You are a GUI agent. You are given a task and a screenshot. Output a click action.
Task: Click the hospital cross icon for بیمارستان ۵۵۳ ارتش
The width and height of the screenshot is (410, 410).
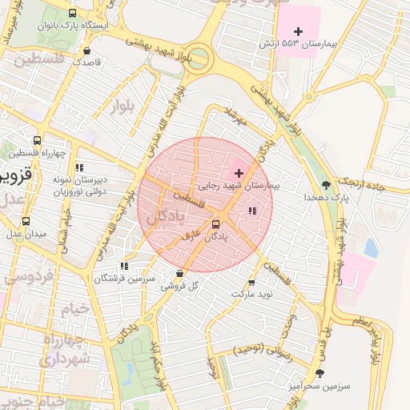pos(299,30)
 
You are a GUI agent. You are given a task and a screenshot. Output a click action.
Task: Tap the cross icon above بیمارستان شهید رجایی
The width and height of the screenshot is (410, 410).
pos(239,173)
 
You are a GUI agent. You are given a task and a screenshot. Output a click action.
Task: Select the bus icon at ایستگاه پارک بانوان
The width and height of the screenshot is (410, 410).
pos(74,14)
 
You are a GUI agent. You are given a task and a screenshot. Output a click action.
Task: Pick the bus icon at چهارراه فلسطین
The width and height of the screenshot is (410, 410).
pos(37,142)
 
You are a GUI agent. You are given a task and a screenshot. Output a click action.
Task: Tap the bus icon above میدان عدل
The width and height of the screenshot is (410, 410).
pos(26,222)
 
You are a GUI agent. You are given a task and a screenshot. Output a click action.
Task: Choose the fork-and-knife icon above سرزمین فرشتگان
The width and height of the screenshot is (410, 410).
pos(123,266)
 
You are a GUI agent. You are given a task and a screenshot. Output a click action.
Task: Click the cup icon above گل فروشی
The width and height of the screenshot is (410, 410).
pos(179,273)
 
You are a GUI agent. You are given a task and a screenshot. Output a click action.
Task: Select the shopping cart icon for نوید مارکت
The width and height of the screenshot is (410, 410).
pos(252,283)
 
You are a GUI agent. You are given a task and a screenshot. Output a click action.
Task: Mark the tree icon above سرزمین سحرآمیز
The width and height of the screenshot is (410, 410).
pos(320,373)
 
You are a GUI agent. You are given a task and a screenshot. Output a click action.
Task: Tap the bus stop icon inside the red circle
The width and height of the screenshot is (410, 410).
pos(215,225)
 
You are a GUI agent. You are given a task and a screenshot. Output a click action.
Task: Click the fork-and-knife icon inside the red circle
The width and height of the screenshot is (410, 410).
pos(252,211)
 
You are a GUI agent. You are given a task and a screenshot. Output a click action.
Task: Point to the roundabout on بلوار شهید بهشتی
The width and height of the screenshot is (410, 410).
pos(197,59)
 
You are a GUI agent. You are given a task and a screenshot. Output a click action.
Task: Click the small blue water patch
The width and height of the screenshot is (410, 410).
pos(370,247)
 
